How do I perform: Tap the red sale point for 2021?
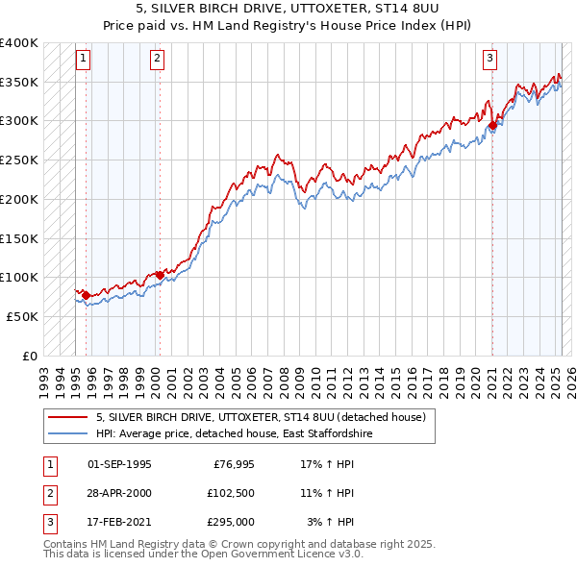click(x=492, y=125)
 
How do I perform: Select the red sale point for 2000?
click(x=160, y=275)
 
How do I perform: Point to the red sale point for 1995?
click(x=86, y=295)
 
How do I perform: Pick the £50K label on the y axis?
click(x=22, y=316)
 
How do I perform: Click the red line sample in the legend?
click(x=68, y=418)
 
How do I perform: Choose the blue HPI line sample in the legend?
click(x=68, y=434)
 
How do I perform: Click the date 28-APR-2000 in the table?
click(x=119, y=493)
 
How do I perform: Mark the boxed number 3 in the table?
click(x=48, y=522)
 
